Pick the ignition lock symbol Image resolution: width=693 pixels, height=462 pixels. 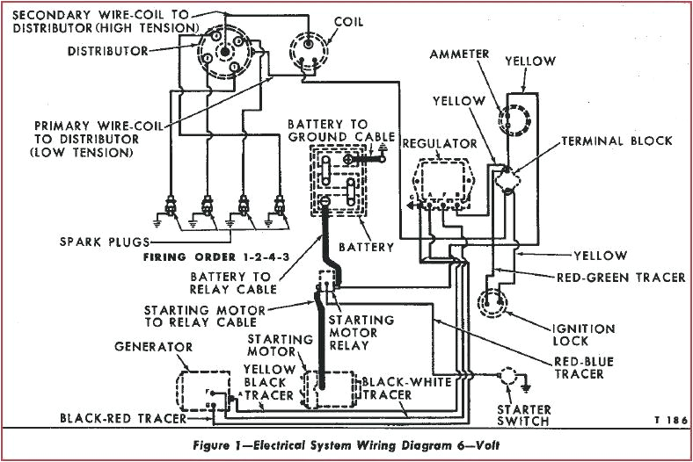[x=490, y=302]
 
